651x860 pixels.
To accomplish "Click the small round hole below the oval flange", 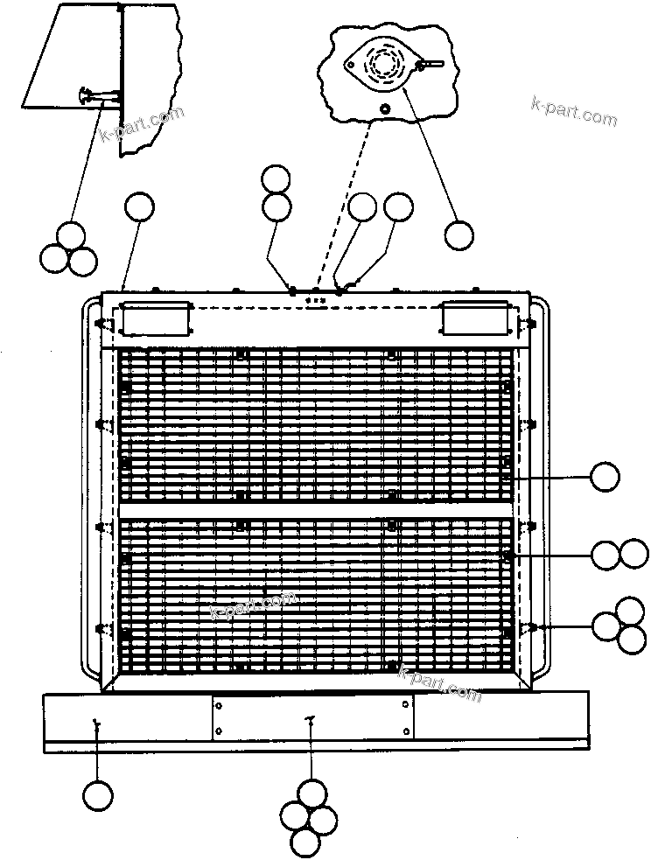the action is (386, 108).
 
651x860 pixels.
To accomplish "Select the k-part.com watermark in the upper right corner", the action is (574, 111).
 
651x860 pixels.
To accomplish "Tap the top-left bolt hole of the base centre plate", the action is (219, 704).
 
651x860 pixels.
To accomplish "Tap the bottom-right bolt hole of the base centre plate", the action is (406, 731).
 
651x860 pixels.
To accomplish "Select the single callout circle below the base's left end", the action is (98, 794).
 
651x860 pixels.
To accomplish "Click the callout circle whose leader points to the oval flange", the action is (459, 235).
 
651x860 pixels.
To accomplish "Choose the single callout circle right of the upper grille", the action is (605, 477).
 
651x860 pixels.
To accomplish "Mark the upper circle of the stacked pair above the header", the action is (276, 180).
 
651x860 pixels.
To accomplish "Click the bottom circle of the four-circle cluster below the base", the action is (305, 842).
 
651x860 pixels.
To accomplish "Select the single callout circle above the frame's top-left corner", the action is (140, 207).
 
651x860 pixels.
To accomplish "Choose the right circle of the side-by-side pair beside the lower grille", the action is (633, 554).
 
